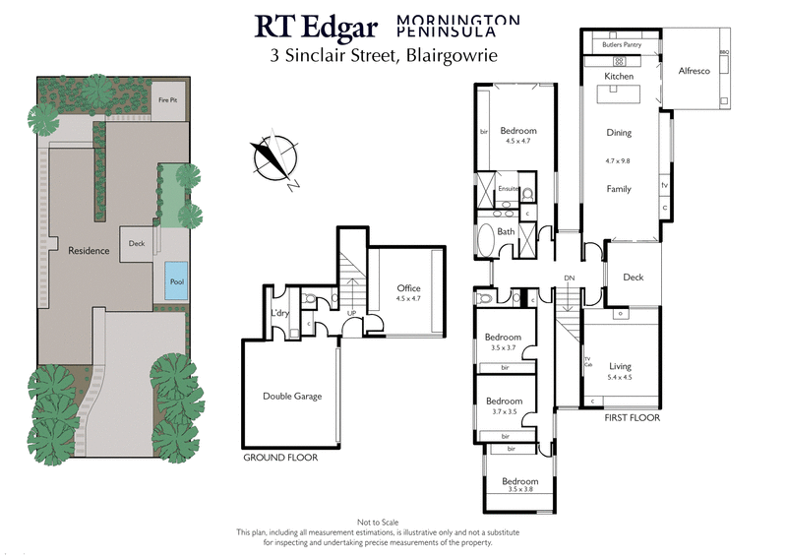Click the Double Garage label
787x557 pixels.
pyautogui.click(x=292, y=397)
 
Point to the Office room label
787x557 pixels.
pyautogui.click(x=408, y=287)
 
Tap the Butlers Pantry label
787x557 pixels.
pyautogui.click(x=624, y=45)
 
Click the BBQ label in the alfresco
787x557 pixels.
pyautogui.click(x=724, y=51)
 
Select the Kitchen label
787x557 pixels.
pyautogui.click(x=619, y=76)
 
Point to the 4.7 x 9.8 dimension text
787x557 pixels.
pyautogui.click(x=618, y=160)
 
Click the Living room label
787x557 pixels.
pyautogui.click(x=620, y=366)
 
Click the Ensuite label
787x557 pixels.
pyautogui.click(x=508, y=189)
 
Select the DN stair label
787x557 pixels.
pyautogui.click(x=569, y=278)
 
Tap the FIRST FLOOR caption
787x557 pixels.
pyautogui.click(x=632, y=418)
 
